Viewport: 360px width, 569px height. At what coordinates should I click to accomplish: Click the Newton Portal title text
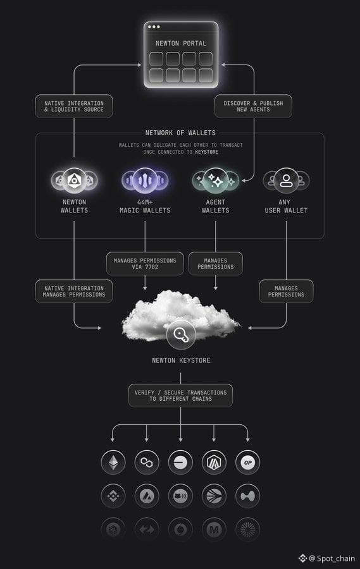(x=181, y=43)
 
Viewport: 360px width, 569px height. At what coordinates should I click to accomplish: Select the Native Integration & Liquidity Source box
(x=74, y=106)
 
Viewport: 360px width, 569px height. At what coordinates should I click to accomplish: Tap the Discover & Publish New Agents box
(x=253, y=106)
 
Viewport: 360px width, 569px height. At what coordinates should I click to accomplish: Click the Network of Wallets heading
(x=180, y=133)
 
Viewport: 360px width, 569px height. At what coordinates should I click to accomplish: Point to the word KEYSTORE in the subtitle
(x=207, y=152)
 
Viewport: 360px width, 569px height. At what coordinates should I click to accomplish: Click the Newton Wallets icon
(x=74, y=180)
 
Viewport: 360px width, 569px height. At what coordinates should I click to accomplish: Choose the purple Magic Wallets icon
(x=145, y=180)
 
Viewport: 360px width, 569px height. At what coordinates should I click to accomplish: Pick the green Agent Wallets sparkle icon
(x=215, y=180)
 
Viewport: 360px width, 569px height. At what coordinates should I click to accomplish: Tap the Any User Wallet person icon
(x=286, y=180)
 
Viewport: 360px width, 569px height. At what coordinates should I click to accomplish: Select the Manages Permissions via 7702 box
(x=145, y=264)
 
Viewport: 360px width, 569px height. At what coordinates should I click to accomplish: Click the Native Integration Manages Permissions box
(x=74, y=291)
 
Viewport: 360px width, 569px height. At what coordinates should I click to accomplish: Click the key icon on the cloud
(x=181, y=335)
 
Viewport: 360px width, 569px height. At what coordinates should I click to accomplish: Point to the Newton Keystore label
(x=181, y=360)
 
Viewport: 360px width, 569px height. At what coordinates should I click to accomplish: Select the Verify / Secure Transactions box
(x=180, y=396)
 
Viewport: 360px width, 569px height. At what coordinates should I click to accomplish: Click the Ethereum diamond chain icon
(x=113, y=463)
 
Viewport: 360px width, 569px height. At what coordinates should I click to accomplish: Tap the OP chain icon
(x=248, y=463)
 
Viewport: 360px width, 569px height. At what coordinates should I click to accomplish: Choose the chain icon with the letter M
(x=214, y=530)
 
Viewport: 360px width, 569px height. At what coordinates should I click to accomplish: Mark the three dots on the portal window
(x=154, y=27)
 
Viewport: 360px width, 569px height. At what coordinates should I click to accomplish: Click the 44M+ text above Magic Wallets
(x=145, y=202)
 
